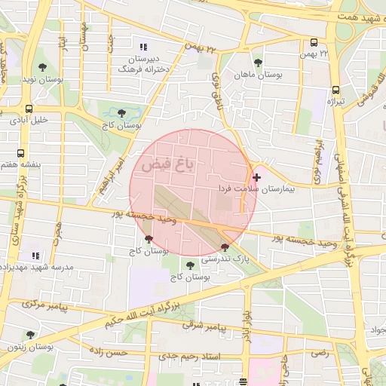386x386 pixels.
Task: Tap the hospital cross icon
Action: point(257,177)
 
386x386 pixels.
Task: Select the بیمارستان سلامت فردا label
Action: point(257,189)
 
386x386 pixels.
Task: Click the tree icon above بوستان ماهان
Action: point(259,63)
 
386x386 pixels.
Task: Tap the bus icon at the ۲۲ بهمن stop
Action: point(314,43)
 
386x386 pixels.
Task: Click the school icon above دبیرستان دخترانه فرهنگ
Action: point(144,47)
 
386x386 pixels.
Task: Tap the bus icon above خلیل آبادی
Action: point(29,109)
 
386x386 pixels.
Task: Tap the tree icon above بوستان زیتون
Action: point(30,335)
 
